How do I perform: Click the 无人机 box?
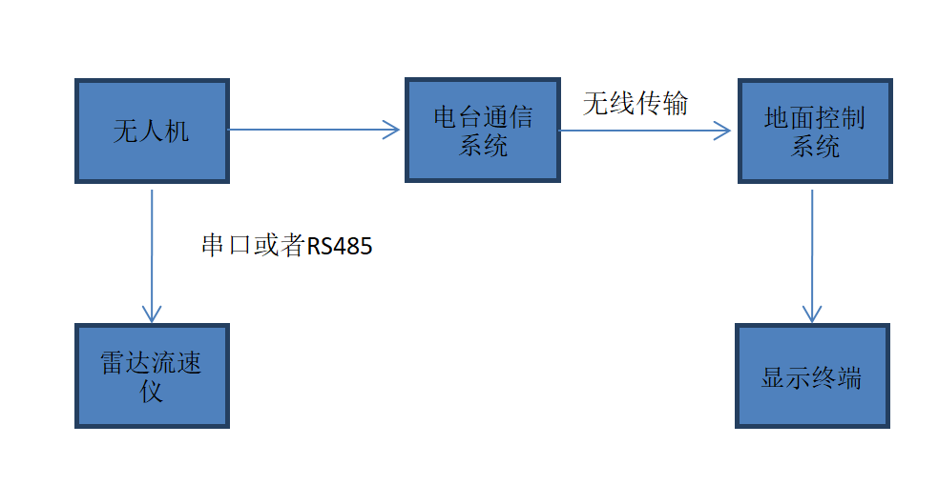point(152,131)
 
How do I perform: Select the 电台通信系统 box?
point(483,131)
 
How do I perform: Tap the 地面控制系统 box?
point(814,131)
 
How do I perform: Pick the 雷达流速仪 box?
point(152,375)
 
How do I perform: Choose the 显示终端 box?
point(812,375)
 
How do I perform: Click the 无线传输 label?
point(635,103)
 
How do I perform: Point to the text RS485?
point(339,247)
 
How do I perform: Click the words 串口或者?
point(253,246)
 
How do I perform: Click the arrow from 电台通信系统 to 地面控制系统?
point(639,131)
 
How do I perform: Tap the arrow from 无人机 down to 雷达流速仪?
point(151,248)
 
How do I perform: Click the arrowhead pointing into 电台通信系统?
point(392,130)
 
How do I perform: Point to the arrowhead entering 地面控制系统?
point(723,131)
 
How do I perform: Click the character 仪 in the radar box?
point(152,391)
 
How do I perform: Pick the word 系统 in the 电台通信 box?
point(483,146)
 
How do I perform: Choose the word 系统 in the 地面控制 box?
point(814,147)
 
